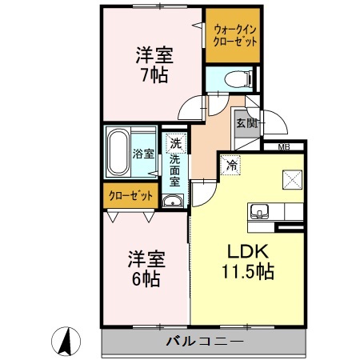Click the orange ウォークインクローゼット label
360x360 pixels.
pyautogui.click(x=234, y=36)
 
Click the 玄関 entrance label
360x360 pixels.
pyautogui.click(x=246, y=124)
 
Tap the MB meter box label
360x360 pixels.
pyautogui.click(x=284, y=147)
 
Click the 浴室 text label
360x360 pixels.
pyautogui.click(x=144, y=154)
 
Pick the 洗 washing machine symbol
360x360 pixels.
pyautogui.click(x=174, y=144)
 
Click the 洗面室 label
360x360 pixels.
pyautogui.click(x=175, y=170)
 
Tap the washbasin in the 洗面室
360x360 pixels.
pyautogui.click(x=172, y=200)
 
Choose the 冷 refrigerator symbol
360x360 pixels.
pyautogui.click(x=231, y=166)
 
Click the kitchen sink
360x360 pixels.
pyautogui.click(x=259, y=212)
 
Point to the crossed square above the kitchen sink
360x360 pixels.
pyautogui.click(x=289, y=180)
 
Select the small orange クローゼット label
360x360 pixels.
pyautogui.click(x=128, y=194)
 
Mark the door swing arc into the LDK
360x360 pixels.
pyautogui.click(x=202, y=193)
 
